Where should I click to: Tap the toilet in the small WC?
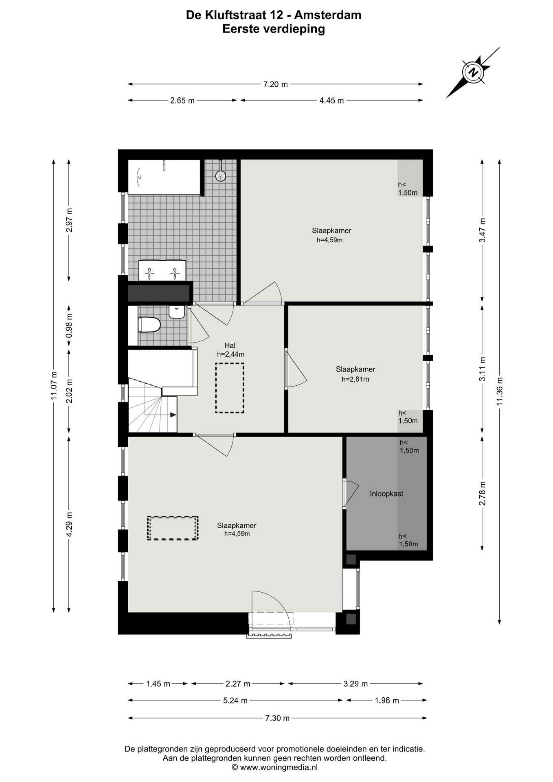[x=149, y=325]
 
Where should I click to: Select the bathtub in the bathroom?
[x=164, y=177]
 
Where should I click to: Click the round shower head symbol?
[x=220, y=176]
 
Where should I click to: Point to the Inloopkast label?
[x=386, y=494]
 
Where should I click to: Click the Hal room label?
[x=230, y=345]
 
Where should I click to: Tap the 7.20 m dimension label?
[x=276, y=84]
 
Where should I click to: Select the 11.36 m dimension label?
[x=500, y=391]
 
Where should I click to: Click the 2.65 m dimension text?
[x=182, y=101]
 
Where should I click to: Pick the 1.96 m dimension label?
[x=387, y=701]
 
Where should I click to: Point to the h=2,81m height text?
[x=355, y=379]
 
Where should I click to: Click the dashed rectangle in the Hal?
[x=230, y=388]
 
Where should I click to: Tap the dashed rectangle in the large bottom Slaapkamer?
[x=173, y=528]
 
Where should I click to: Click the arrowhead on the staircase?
[x=173, y=415]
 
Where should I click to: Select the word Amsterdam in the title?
[x=327, y=15]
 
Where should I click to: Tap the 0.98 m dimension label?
[x=69, y=325]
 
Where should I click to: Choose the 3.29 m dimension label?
[x=355, y=684]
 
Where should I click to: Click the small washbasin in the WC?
[x=177, y=312]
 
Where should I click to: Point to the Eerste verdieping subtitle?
[x=274, y=29]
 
